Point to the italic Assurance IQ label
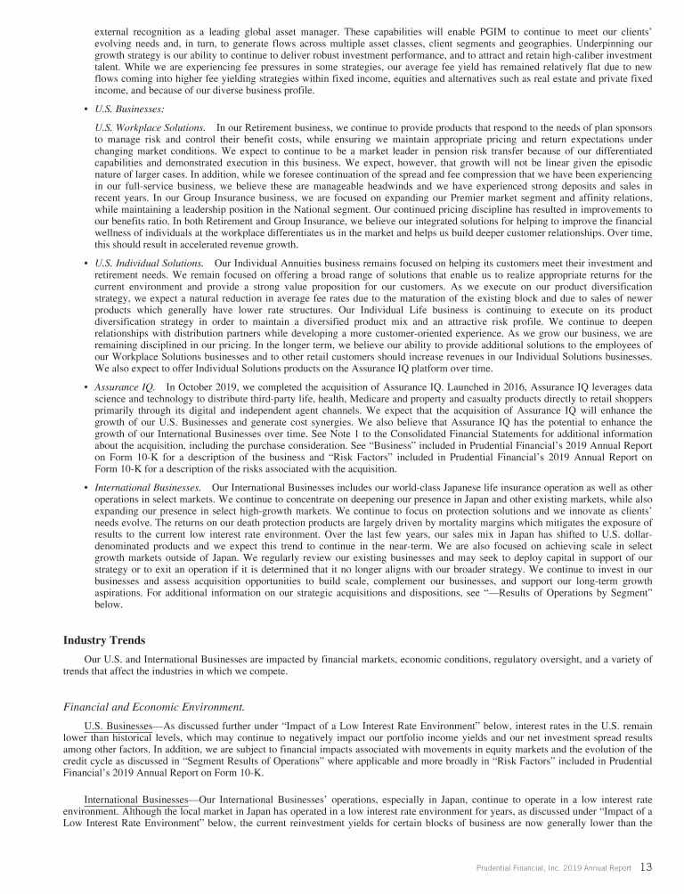[125, 387]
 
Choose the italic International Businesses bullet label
[147, 488]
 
